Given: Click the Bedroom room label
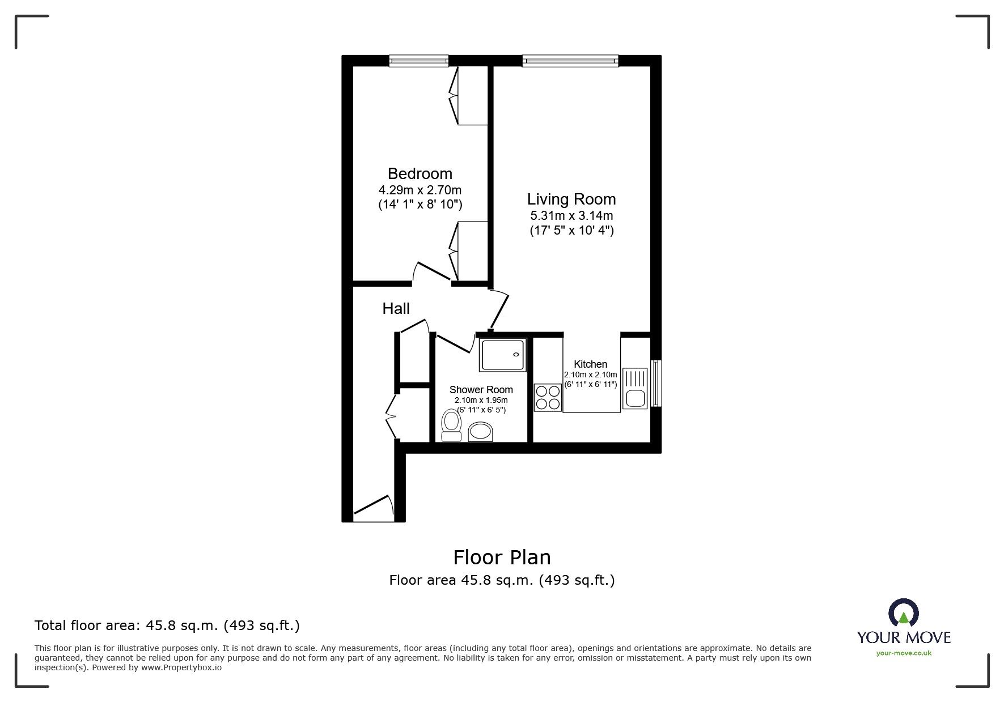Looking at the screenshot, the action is pyautogui.click(x=420, y=173).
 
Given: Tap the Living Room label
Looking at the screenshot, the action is pyautogui.click(x=571, y=199).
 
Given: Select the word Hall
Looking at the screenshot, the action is pyautogui.click(x=396, y=309).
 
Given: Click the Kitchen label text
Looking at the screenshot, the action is pyautogui.click(x=590, y=364).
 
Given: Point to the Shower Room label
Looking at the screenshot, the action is pyautogui.click(x=481, y=390).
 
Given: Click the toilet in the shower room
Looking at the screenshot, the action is pyautogui.click(x=452, y=426).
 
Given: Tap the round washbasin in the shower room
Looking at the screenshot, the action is pyautogui.click(x=481, y=432).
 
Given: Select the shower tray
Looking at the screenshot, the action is pyautogui.click(x=503, y=355).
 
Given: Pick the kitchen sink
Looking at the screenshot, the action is pyautogui.click(x=635, y=388).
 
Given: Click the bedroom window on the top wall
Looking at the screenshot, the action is pyautogui.click(x=419, y=61).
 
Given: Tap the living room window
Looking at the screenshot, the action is pyautogui.click(x=570, y=61).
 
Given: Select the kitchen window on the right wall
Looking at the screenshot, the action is pyautogui.click(x=656, y=383).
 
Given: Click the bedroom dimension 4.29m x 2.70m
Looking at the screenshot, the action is pyautogui.click(x=420, y=190).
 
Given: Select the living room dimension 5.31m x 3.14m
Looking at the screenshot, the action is pyautogui.click(x=571, y=216).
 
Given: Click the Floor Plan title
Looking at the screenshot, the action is pyautogui.click(x=502, y=558).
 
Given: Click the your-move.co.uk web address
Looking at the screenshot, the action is pyautogui.click(x=904, y=653).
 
